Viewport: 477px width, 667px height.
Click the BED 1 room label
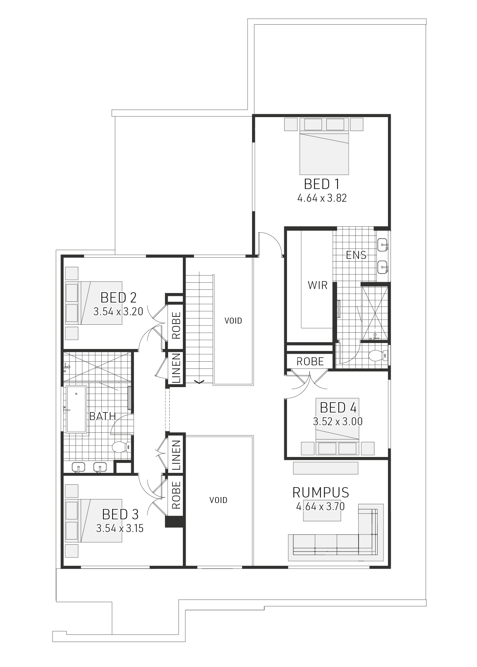[x=322, y=184]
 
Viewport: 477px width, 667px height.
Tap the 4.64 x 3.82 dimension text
[x=322, y=199]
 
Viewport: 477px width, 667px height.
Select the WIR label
[x=318, y=285]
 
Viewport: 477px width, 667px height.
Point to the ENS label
[x=356, y=255]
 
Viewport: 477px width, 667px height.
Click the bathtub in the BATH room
[x=77, y=409]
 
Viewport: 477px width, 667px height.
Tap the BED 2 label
[x=118, y=297]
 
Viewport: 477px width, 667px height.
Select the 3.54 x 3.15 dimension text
[x=120, y=528]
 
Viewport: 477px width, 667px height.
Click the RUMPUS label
[x=320, y=493]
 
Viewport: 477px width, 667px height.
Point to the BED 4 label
[x=338, y=408]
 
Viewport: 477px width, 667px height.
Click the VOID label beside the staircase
[x=233, y=321]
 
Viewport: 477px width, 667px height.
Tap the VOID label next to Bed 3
[x=218, y=500]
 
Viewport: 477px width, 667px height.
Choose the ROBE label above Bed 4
[x=310, y=362]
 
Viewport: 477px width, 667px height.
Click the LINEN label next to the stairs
[x=176, y=368]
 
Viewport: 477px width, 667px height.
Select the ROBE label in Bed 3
[x=176, y=495]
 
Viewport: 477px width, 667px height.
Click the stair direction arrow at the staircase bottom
[x=199, y=382]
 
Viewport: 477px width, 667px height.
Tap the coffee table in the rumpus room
[x=322, y=512]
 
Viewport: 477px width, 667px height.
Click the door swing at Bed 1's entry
[x=271, y=241]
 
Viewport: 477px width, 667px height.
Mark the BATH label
[x=102, y=416]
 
